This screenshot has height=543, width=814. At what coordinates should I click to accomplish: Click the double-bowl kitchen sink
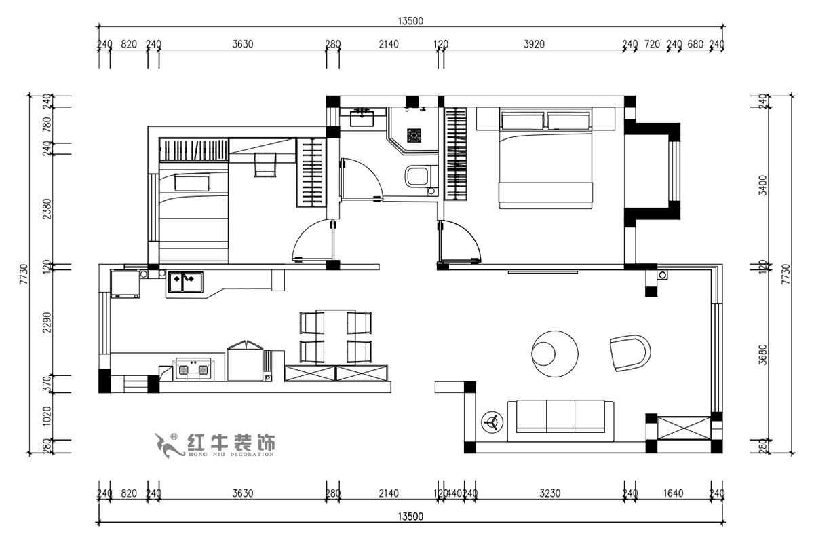[x=186, y=282]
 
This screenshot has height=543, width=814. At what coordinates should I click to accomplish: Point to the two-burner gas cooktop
[x=193, y=369]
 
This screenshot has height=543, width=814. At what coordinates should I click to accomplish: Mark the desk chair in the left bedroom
[x=265, y=164]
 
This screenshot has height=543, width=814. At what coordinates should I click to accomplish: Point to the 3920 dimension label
[x=535, y=45]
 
